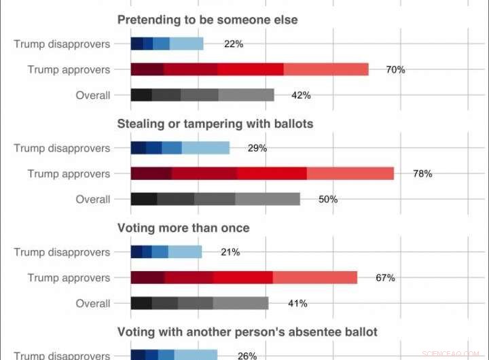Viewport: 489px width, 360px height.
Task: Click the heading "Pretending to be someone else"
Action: point(207,20)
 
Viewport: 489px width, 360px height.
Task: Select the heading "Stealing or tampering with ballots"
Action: point(215,124)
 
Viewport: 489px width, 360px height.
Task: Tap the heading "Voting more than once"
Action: point(183,228)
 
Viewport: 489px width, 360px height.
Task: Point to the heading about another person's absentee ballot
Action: point(247,331)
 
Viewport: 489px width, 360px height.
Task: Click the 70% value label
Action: point(395,69)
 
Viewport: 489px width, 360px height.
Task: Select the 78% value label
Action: point(422,173)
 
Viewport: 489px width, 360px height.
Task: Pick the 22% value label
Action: point(234,44)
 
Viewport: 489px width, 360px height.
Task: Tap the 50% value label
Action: point(328,199)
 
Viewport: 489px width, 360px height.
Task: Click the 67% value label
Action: point(385,277)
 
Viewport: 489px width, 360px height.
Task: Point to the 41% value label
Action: point(297,303)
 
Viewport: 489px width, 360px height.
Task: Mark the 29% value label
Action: point(257,148)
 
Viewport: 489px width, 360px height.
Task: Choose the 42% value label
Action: point(301,95)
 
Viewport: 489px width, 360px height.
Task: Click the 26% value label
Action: point(247,355)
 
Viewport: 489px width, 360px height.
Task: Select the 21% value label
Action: point(230,252)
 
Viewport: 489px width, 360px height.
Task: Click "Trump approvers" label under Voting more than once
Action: point(69,277)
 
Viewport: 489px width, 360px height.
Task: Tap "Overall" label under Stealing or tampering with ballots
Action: point(93,199)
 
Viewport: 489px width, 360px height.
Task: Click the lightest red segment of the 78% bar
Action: point(350,173)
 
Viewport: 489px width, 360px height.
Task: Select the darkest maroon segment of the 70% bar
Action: point(147,69)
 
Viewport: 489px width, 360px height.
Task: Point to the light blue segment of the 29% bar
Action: point(206,148)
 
